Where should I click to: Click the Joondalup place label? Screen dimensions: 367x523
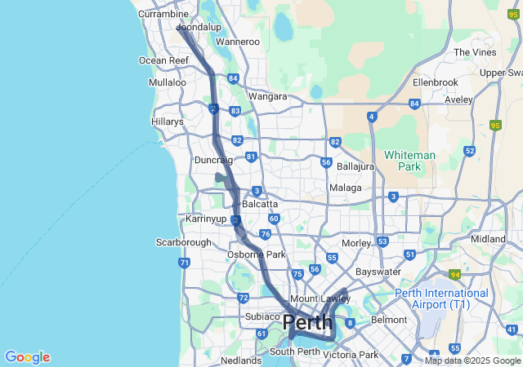tap(200, 27)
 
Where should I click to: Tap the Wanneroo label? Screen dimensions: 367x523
tap(237, 42)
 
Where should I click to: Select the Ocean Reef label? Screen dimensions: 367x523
tap(163, 60)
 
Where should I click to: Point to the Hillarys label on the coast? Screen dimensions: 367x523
tap(168, 122)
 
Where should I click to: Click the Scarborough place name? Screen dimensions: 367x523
tap(183, 242)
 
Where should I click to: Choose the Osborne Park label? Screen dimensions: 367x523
tap(256, 254)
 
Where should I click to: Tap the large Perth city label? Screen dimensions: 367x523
tap(307, 323)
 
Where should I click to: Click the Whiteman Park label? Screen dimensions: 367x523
tap(409, 161)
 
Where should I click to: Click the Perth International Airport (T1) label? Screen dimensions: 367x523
tap(441, 298)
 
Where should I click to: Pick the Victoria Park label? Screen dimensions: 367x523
tap(351, 355)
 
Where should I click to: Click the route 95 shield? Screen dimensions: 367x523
tap(494, 125)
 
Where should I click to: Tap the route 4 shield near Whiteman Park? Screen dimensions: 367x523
tap(372, 117)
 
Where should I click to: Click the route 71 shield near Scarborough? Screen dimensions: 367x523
tap(185, 263)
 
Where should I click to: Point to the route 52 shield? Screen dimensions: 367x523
tap(469, 151)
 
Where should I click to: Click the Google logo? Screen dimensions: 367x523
tap(27, 357)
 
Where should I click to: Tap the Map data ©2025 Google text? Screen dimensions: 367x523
tap(472, 360)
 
